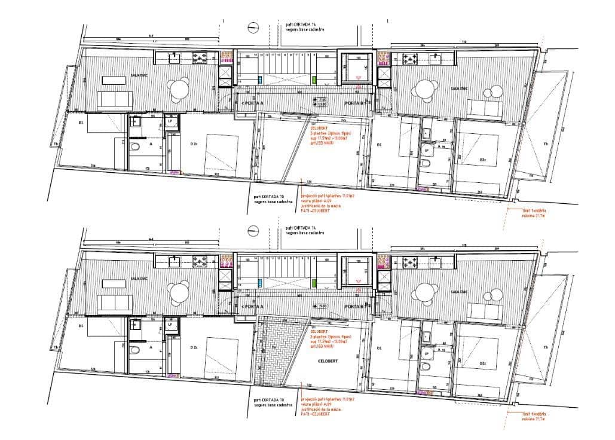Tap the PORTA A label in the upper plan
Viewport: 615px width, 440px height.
(253, 103)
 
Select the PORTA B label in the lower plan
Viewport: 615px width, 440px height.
(355, 306)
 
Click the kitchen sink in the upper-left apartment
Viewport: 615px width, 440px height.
(175, 58)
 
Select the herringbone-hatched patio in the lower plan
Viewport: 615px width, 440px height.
(272, 353)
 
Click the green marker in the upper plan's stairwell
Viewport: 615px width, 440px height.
(314, 79)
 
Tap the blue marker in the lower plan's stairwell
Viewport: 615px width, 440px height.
(260, 282)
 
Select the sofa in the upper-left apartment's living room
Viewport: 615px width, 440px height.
(115, 100)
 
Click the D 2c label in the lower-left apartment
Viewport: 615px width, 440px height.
(194, 347)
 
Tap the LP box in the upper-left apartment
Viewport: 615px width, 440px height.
(170, 122)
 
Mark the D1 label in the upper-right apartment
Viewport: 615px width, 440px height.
(378, 144)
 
